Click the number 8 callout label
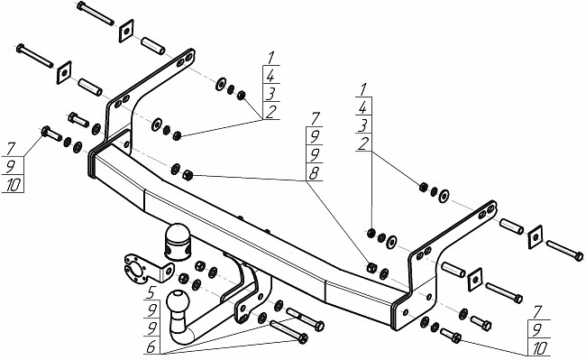coord(314,173)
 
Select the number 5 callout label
coord(151,292)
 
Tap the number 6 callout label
coord(151,346)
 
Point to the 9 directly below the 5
coord(151,310)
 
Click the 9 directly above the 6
coord(151,328)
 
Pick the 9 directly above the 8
coord(315,155)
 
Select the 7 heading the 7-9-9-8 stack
coord(315,119)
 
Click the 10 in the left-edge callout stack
coord(14,185)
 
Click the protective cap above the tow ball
coord(177,242)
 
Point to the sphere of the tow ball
coord(179,300)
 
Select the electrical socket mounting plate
coord(147,268)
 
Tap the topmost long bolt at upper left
coord(96,14)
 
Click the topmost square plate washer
coord(126,31)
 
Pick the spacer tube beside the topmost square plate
coord(153,46)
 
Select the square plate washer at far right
coord(536,236)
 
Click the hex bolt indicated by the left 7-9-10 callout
coord(51,134)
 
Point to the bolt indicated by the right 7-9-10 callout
coord(451,336)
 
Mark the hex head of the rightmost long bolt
coord(579,256)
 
